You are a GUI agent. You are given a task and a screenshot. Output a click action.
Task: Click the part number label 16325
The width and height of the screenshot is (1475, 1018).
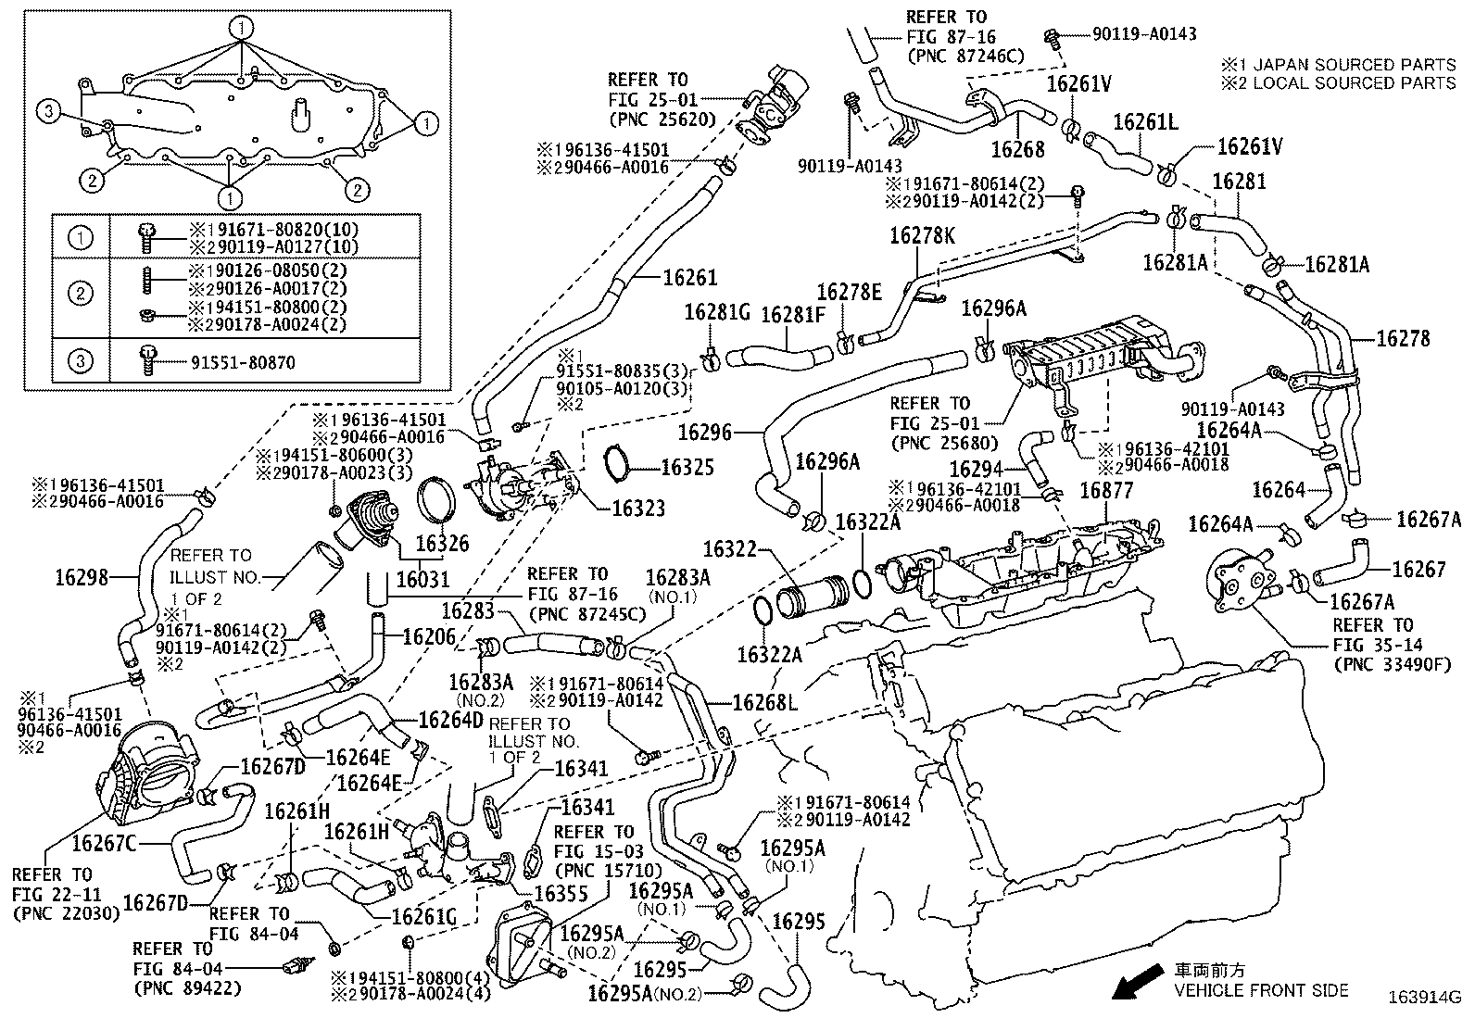pos(687,467)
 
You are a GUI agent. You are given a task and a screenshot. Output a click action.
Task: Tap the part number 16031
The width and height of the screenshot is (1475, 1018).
pos(422,580)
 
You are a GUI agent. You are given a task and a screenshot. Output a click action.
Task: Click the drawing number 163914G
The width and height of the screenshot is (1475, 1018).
pos(1423,999)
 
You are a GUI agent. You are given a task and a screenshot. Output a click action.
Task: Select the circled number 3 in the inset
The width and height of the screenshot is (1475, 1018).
pos(49,112)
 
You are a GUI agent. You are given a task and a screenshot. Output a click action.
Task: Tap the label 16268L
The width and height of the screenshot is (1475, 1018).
pos(764,702)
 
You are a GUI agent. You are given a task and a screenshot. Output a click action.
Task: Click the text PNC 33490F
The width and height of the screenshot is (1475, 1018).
pos(1393,664)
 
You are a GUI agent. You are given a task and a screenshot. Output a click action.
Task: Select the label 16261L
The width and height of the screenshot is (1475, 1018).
pos(1145,122)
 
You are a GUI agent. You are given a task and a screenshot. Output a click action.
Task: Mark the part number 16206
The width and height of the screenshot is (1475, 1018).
pos(429,637)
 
